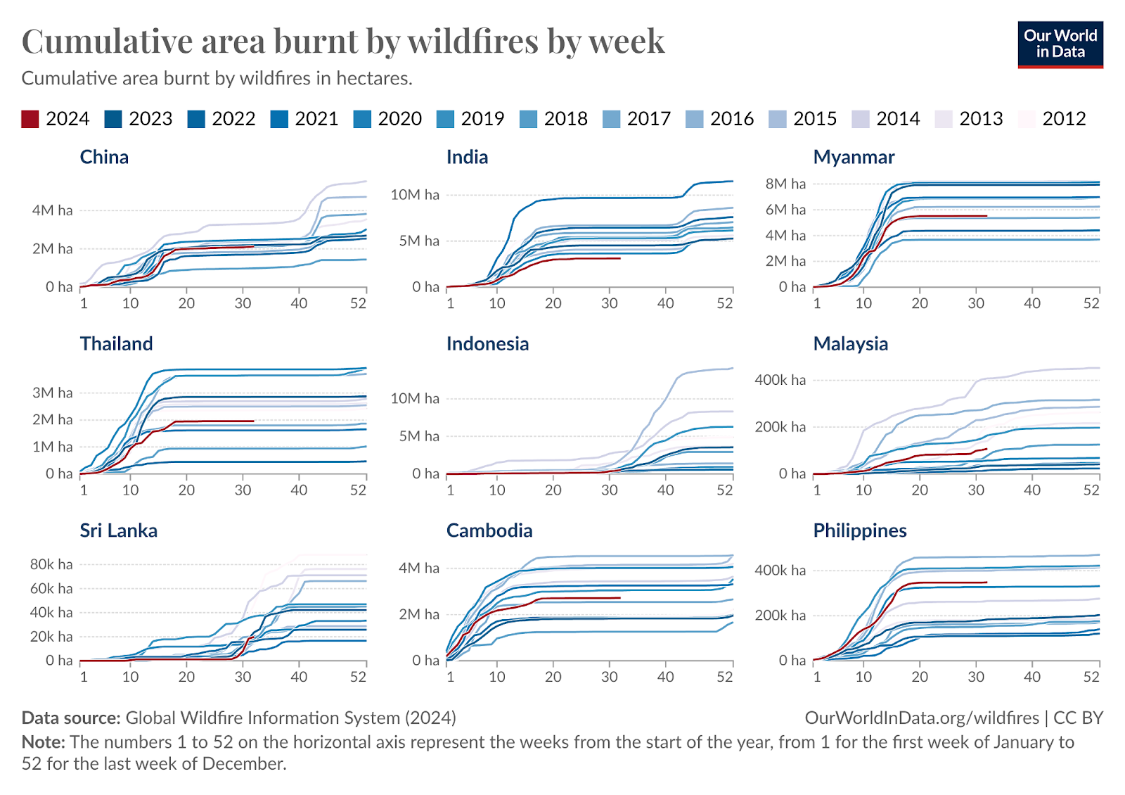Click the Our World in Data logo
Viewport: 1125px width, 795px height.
click(1060, 44)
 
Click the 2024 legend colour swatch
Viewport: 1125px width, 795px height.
click(30, 119)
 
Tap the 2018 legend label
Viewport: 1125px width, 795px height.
click(565, 119)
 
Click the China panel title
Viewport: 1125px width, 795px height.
click(104, 157)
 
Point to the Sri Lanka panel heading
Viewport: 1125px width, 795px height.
click(118, 530)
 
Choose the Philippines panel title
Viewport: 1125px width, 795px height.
click(859, 530)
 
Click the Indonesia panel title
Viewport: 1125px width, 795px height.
click(487, 344)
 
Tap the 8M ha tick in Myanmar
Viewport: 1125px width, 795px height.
click(785, 184)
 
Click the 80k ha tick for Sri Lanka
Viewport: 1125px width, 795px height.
click(51, 564)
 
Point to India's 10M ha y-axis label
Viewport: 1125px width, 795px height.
click(415, 195)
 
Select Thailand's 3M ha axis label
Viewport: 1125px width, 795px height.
click(52, 393)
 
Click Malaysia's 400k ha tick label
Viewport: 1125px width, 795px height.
click(780, 380)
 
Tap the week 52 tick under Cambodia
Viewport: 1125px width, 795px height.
click(725, 677)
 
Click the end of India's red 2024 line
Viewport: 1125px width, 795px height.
click(620, 258)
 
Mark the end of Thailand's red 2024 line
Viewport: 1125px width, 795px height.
click(253, 421)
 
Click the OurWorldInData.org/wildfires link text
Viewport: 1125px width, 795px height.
click(921, 718)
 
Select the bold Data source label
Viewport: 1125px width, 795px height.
click(71, 718)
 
